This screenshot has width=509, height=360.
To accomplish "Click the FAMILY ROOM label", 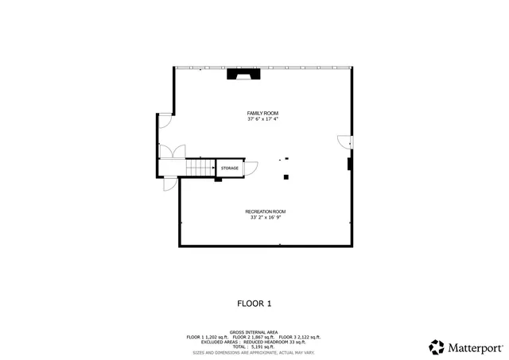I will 262,114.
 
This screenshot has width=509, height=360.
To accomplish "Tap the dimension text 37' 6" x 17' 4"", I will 262,119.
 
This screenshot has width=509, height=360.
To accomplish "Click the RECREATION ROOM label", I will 265,211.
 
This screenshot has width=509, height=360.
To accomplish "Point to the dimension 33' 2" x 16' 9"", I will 265,217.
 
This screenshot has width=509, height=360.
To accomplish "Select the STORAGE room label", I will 230,168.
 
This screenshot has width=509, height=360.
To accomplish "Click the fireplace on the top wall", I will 243,75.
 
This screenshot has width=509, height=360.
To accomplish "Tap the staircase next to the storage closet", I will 200,168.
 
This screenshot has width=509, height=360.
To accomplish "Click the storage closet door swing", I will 251,168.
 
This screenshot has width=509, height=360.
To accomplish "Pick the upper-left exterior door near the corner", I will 164,120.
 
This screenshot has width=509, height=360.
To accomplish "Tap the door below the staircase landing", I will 169,184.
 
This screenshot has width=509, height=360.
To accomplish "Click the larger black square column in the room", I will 287,176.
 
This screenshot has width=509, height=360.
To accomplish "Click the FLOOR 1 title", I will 254,303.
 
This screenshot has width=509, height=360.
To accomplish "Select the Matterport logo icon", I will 436,346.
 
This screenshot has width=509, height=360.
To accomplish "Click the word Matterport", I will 475,347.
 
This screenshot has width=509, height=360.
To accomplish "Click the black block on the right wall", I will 348,164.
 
